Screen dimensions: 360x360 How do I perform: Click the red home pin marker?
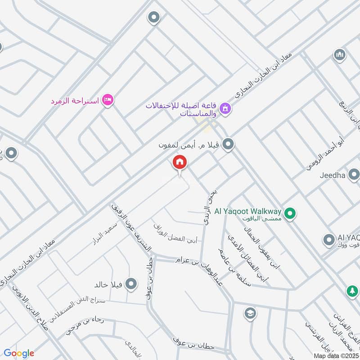180,162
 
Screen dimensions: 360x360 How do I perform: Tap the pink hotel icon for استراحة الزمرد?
107,99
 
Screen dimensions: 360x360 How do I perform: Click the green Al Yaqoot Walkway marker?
291,213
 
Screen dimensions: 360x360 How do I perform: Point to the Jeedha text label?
333,175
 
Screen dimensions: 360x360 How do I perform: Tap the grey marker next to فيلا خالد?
131,284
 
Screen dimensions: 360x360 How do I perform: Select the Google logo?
19,353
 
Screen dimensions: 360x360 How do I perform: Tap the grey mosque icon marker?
339,55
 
